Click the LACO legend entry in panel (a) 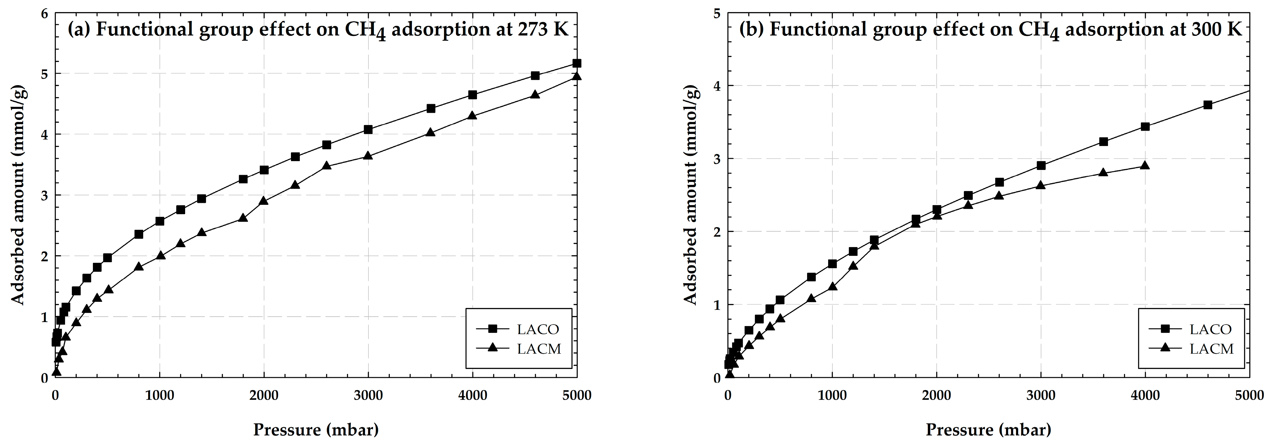(x=538, y=329)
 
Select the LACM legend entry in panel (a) (x=539, y=349)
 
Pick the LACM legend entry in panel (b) (x=1211, y=349)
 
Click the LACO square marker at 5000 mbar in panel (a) (x=576, y=63)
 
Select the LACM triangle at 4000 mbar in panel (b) (x=1145, y=165)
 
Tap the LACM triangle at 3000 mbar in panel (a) (x=368, y=156)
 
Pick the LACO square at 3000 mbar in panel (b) (x=1041, y=165)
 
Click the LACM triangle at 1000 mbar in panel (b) (x=832, y=287)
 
